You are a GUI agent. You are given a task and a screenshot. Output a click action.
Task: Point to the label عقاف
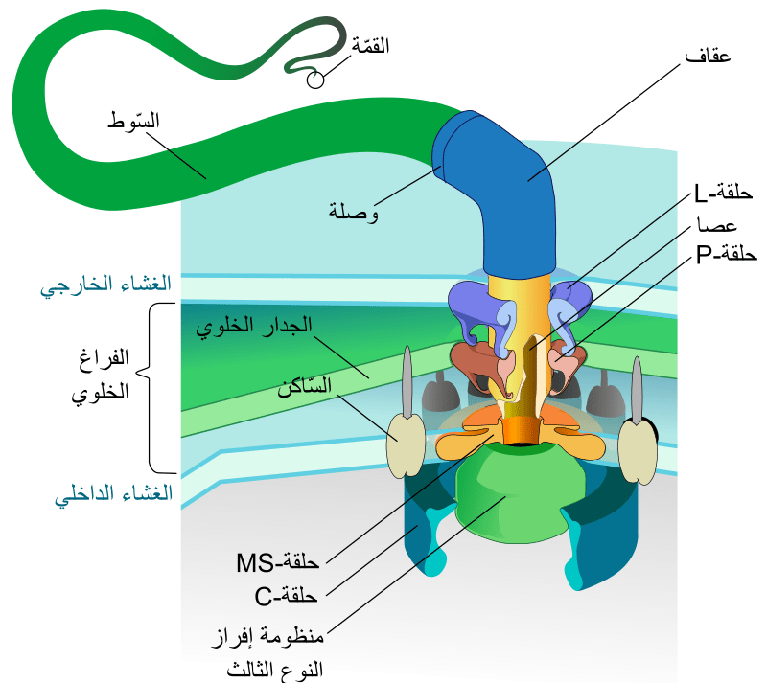[709, 57]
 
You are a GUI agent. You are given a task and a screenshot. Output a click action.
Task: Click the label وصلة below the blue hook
[352, 210]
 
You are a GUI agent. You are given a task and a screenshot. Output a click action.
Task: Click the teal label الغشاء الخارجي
[106, 285]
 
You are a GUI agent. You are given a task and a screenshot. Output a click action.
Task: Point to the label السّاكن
[304, 387]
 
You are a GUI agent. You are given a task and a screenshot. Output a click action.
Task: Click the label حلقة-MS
[277, 560]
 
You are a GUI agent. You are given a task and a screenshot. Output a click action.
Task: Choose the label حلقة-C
[287, 597]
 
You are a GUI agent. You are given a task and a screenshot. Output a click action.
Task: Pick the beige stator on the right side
[636, 447]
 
